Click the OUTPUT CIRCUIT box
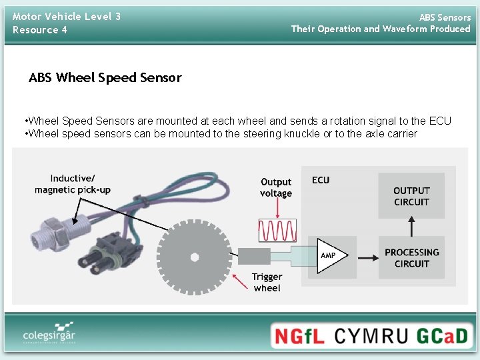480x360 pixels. [x=411, y=196]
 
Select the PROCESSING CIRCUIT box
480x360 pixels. [x=411, y=257]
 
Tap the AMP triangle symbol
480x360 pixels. [x=329, y=256]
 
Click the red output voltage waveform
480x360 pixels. [x=277, y=230]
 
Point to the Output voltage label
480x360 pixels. [x=276, y=187]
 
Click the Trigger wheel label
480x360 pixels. [x=267, y=282]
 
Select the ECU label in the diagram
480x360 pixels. [x=321, y=180]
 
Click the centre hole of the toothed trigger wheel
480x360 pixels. [x=194, y=257]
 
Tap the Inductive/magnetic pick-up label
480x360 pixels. [x=73, y=184]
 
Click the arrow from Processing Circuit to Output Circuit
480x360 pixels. [x=411, y=227]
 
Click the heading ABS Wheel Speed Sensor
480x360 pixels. [x=105, y=77]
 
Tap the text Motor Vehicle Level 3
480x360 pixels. [x=67, y=16]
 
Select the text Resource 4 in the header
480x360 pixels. [x=40, y=30]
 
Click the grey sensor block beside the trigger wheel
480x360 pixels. [x=254, y=256]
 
